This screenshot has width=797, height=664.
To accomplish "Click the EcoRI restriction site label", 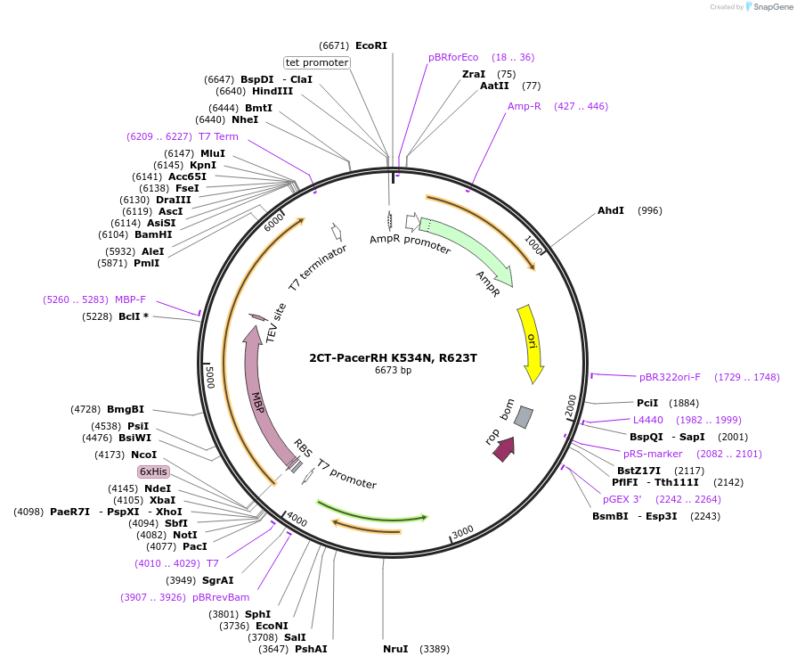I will click(371, 45).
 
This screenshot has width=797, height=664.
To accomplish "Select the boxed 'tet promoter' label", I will click(317, 62).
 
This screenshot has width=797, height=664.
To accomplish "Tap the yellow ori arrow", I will click(532, 342).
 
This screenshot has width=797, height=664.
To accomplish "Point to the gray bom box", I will click(524, 416).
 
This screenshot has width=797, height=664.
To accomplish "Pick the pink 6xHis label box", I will click(153, 471).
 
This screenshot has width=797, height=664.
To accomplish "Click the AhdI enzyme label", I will click(611, 210).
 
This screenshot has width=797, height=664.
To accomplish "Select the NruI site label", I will click(395, 648).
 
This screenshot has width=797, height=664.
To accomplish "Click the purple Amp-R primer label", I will click(525, 106).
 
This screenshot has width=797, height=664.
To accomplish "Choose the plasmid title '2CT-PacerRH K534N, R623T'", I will click(393, 358).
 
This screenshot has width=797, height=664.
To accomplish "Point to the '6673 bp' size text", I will click(393, 370).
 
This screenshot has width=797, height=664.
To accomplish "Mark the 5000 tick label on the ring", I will click(209, 375).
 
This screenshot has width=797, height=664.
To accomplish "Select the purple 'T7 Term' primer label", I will click(218, 136).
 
